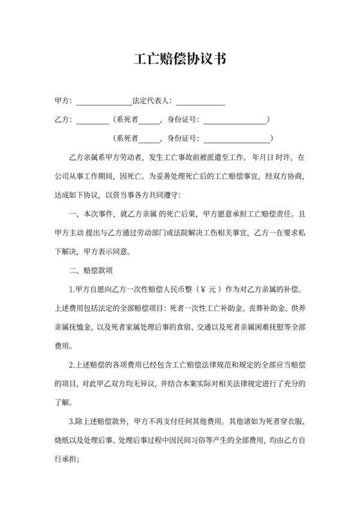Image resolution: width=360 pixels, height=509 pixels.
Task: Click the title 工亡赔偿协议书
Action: (x=179, y=59)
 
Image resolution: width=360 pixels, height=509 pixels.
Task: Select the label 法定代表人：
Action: (x=152, y=101)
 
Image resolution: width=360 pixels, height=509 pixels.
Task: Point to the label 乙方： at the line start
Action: (x=65, y=120)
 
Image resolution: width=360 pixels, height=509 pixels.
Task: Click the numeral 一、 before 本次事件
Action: (x=73, y=213)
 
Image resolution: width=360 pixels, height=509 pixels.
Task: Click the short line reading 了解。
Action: (x=67, y=402)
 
